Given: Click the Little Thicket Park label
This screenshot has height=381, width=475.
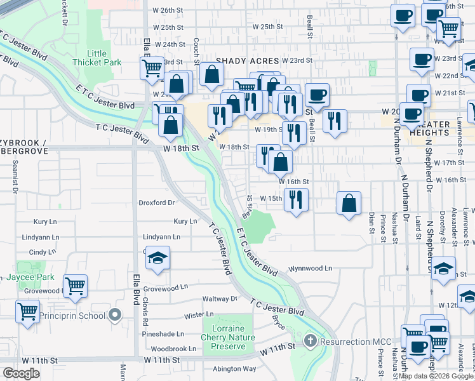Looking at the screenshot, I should click(97, 58).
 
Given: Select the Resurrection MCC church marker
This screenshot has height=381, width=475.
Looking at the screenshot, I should click(310, 341).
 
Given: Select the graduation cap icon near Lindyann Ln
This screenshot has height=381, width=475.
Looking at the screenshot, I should click(159, 258).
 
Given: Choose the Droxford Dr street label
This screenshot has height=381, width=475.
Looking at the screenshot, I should click(156, 203).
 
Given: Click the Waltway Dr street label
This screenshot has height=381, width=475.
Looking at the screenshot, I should click(219, 298).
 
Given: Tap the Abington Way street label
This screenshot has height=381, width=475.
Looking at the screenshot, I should click(234, 369).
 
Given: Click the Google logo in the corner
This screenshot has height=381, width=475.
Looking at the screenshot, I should click(21, 373).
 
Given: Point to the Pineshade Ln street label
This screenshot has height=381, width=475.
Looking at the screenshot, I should click(163, 333).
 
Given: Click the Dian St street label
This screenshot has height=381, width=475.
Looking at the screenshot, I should click(371, 222).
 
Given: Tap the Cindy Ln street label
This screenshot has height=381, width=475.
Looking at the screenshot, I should click(43, 252).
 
